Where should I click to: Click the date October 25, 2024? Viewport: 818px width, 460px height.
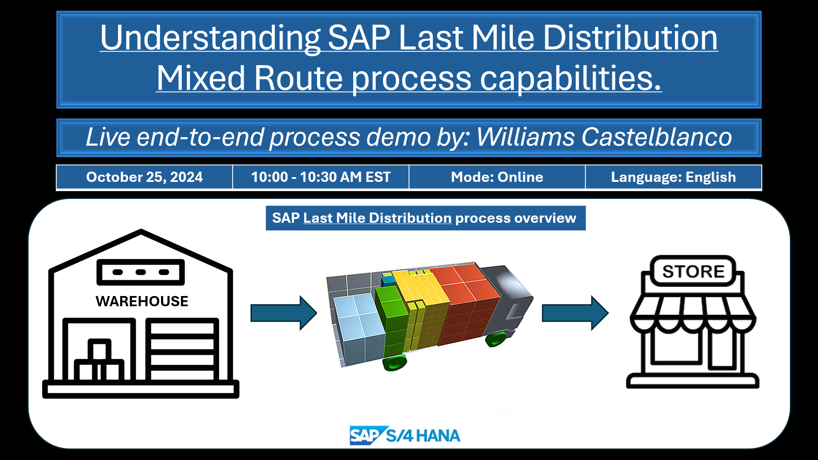(x=144, y=177)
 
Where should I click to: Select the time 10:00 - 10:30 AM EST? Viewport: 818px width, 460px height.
(x=321, y=177)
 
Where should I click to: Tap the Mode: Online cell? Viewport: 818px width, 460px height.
(x=497, y=177)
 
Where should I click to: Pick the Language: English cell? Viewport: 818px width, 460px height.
(x=674, y=177)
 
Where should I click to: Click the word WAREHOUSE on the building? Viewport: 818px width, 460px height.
(x=142, y=301)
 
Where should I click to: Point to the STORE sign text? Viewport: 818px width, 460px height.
(x=694, y=271)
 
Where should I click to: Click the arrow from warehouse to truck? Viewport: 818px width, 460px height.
(x=284, y=313)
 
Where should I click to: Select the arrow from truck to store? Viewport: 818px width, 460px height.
(x=575, y=313)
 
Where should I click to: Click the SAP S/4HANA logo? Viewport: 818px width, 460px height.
(x=405, y=435)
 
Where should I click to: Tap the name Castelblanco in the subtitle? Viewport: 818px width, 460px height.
(x=657, y=137)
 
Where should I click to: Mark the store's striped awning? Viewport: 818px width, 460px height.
(x=693, y=313)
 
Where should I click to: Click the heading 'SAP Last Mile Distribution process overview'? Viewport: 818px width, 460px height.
(x=424, y=218)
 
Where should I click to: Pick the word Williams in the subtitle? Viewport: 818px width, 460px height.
(x=525, y=137)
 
